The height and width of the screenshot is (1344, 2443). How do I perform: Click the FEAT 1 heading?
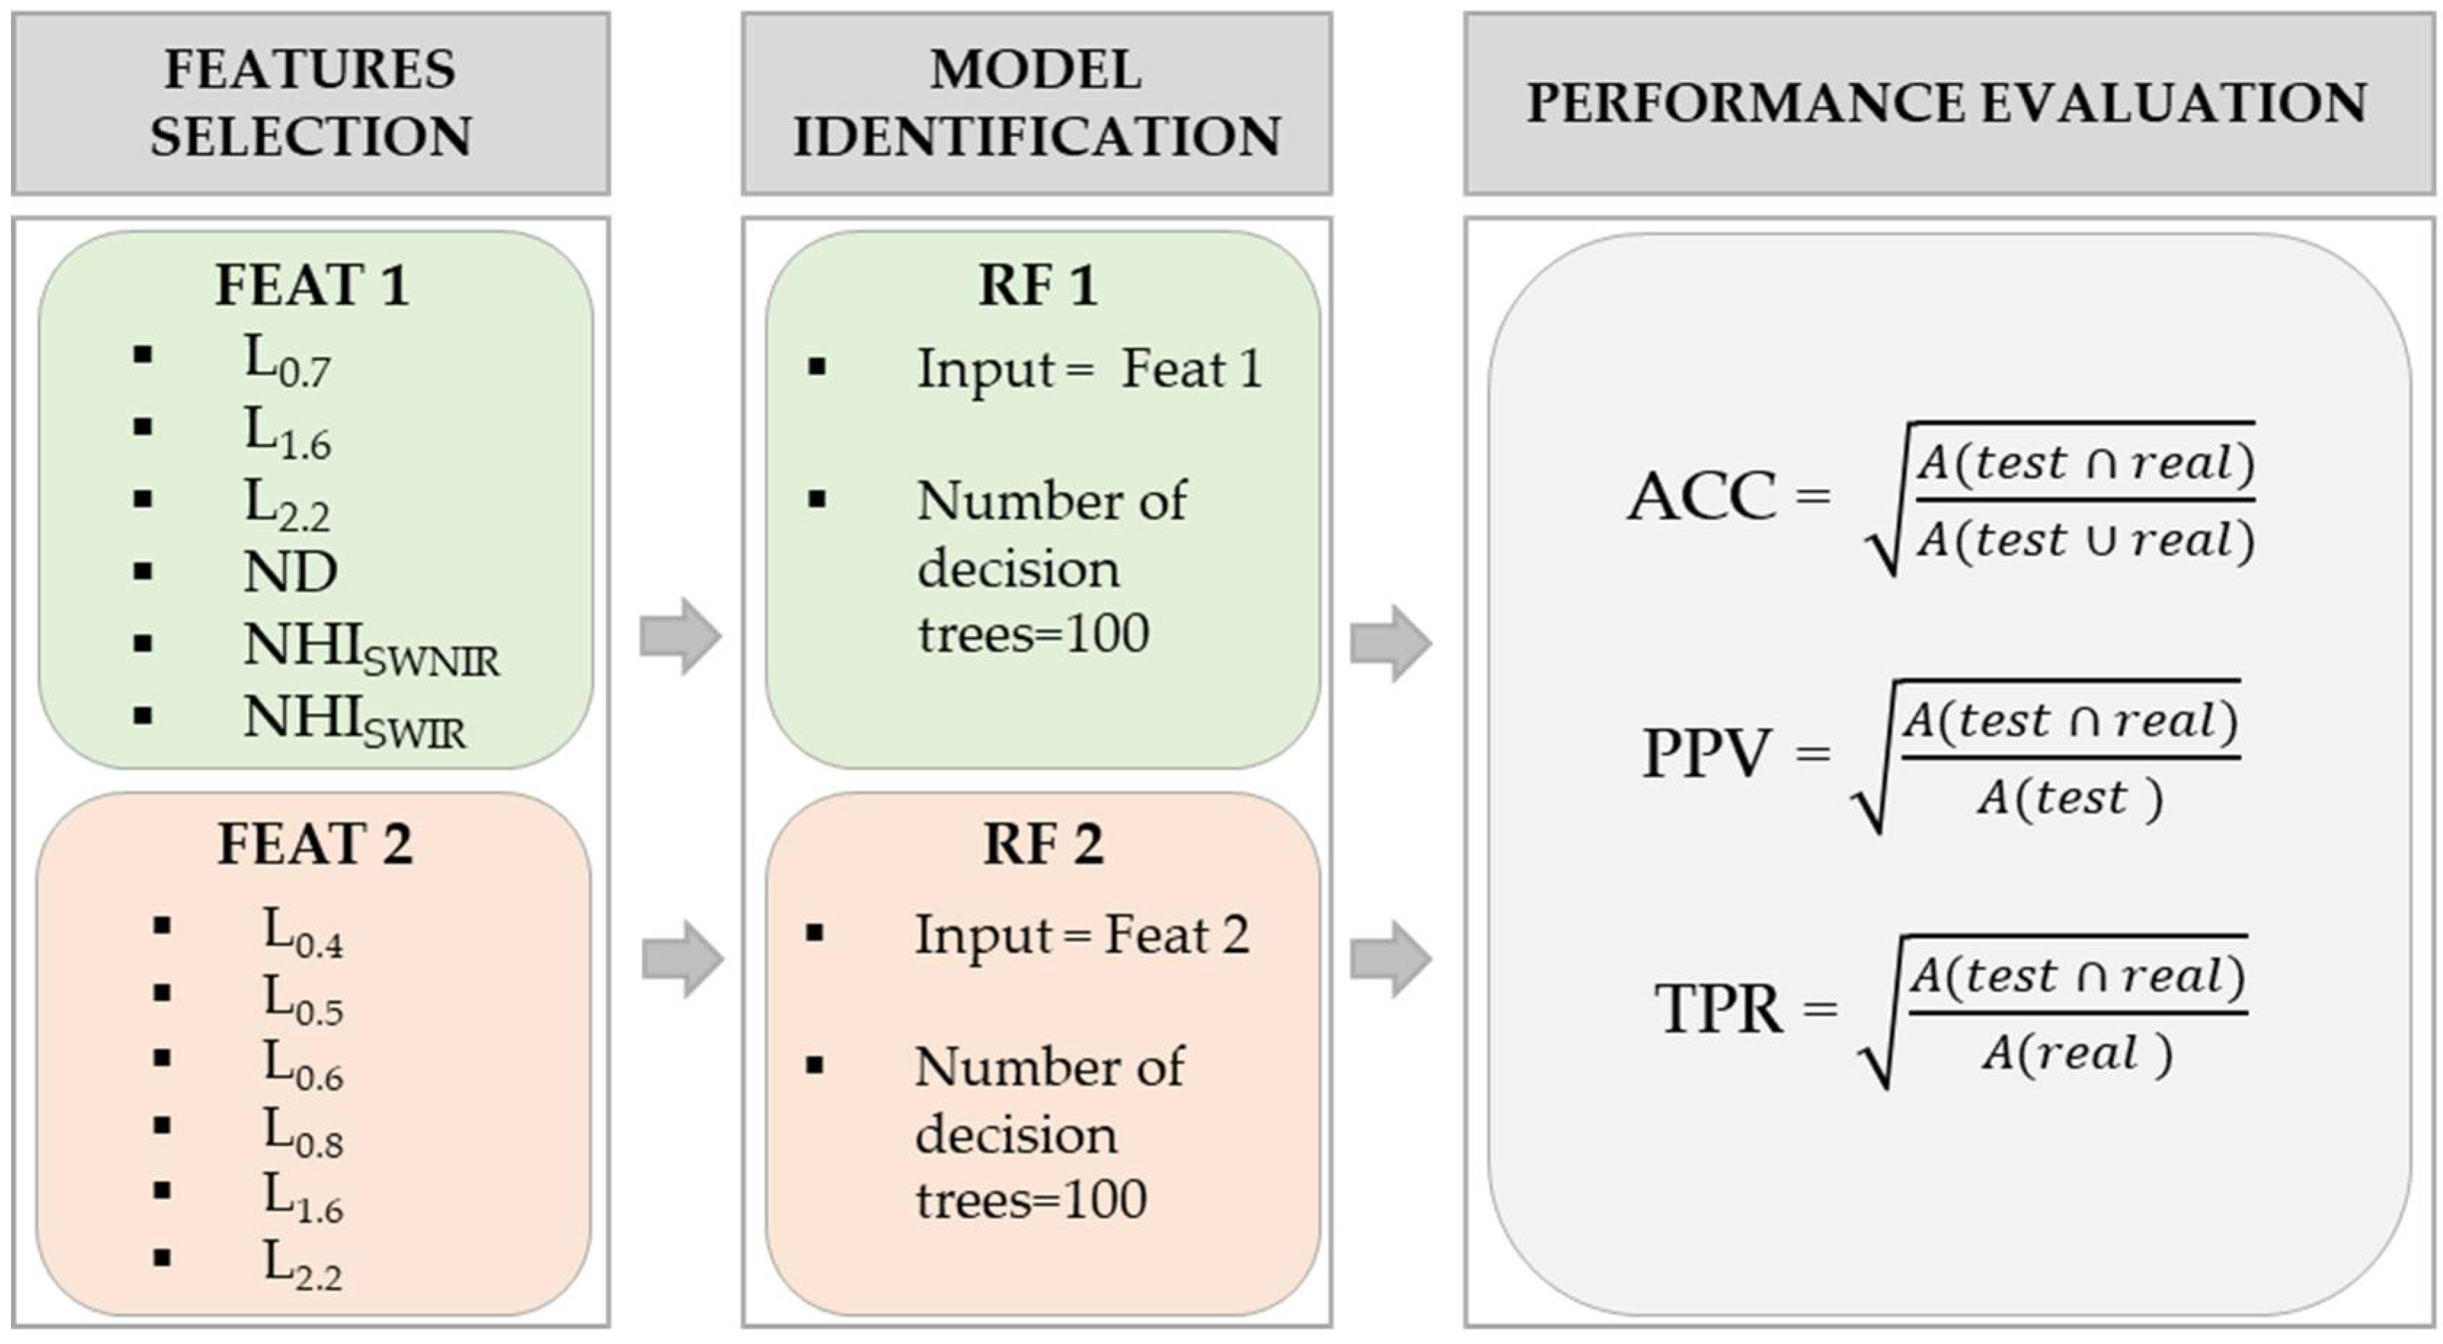click(x=312, y=285)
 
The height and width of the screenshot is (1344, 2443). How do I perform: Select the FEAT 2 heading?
click(x=315, y=843)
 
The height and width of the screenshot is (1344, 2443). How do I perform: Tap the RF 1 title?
click(x=1037, y=285)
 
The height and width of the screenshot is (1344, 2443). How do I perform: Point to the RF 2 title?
click(x=1043, y=843)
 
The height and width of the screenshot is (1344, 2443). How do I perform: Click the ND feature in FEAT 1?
click(x=290, y=572)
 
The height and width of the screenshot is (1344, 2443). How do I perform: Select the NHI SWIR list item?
click(x=354, y=721)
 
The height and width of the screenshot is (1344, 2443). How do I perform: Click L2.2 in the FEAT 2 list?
click(x=303, y=1265)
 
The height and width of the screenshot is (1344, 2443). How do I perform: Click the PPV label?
click(x=1706, y=754)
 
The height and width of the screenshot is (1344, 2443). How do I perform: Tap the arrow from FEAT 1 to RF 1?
click(x=681, y=635)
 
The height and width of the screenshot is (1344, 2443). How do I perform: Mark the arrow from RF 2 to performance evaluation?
click(x=1390, y=959)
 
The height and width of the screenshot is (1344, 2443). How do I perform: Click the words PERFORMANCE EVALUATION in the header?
click(x=1946, y=103)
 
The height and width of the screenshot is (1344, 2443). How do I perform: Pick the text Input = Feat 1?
click(x=1088, y=369)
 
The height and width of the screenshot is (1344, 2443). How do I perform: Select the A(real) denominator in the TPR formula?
click(x=2077, y=1054)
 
